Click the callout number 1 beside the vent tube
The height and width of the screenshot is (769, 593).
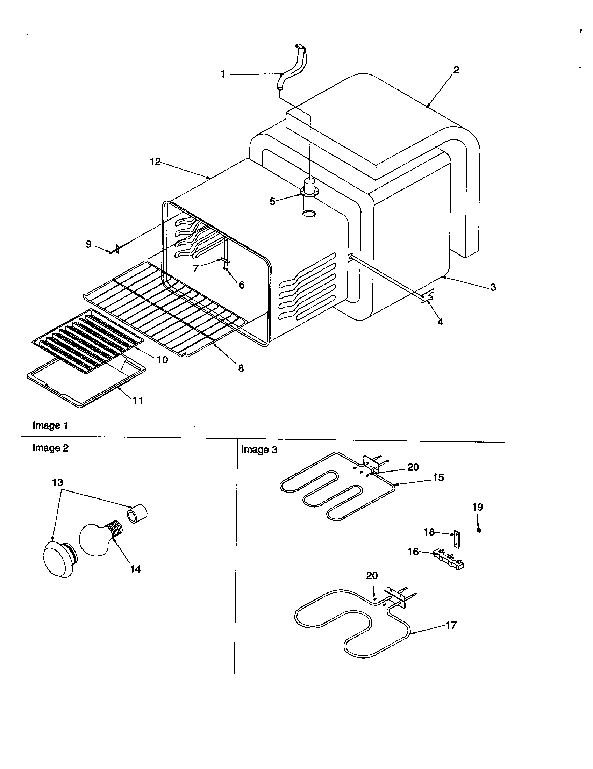[x=223, y=74]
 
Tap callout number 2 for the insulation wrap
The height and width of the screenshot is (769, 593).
[x=456, y=70]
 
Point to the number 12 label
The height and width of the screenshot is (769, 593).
[x=155, y=161]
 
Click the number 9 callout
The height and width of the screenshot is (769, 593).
[x=88, y=244]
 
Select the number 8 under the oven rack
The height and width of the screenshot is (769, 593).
[x=241, y=368]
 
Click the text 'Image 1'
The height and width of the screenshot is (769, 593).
[x=50, y=425]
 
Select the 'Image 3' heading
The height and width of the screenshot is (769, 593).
[x=259, y=450]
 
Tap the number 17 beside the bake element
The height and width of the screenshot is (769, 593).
[x=451, y=625]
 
